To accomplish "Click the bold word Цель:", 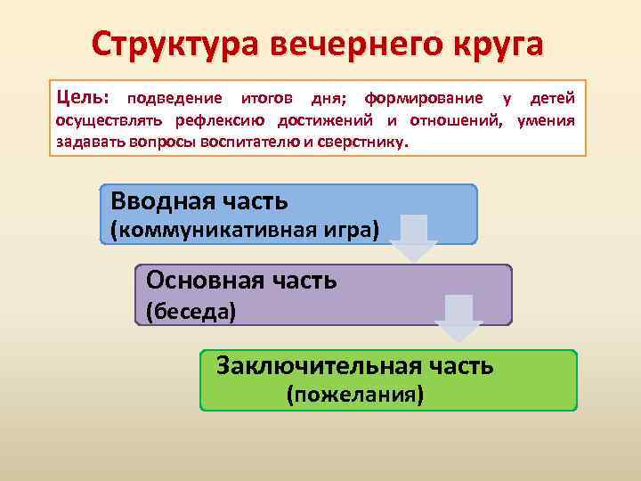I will pos(84,96).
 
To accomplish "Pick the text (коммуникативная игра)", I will pos(244,231).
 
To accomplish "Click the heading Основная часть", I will pos(241,281).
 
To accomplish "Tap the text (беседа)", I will pos(191,312).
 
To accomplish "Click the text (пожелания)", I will pos(353,394).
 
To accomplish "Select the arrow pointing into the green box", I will pos(458,319).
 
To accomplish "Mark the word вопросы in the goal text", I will pos(177,142).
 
